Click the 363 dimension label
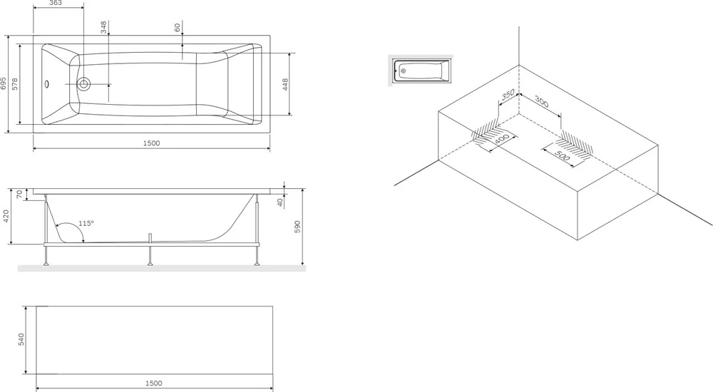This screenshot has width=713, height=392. [x=55, y=3]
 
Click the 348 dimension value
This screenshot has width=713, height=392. [x=103, y=27]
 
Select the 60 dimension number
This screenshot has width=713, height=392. [x=178, y=27]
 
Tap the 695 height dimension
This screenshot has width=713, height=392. [x=4, y=83]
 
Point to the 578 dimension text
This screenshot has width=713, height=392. [x=14, y=84]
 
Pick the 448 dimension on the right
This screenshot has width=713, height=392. [x=285, y=85]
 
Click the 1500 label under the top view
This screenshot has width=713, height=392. [x=151, y=143]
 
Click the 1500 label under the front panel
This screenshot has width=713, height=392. [x=154, y=383]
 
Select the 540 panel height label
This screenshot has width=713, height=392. [x=21, y=340]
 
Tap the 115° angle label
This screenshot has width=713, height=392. [x=86, y=223]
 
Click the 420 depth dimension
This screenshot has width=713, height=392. [x=6, y=217]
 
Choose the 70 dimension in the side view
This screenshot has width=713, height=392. [x=19, y=194]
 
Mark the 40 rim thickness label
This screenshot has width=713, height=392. [x=280, y=202]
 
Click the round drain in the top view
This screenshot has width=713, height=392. [x=83, y=84]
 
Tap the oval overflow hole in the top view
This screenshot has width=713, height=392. [x=47, y=84]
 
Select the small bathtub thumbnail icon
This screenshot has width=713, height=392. [x=421, y=71]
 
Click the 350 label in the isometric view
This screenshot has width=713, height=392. [x=508, y=95]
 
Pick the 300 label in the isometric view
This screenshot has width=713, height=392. [x=541, y=101]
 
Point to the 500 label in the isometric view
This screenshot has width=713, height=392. [x=563, y=155]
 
